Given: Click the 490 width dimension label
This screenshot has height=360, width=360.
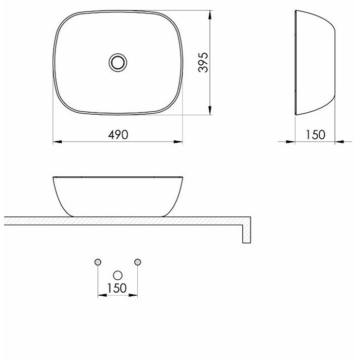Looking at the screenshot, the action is [118, 135].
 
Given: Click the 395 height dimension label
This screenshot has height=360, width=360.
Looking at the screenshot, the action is [203, 62].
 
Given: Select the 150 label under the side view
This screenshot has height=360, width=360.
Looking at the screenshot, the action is [315, 135].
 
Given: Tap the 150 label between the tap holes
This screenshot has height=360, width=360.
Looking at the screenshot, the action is [117, 288].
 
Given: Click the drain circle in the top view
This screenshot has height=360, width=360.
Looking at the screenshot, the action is [118, 62].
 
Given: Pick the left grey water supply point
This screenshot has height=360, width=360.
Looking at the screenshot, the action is [98, 262].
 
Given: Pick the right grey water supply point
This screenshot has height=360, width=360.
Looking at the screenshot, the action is [137, 262].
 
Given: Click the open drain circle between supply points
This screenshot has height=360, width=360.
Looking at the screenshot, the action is [118, 275].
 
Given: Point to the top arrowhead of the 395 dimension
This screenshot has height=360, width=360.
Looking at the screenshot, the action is [210, 15].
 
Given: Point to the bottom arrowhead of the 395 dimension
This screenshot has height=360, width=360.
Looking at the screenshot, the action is [210, 111].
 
